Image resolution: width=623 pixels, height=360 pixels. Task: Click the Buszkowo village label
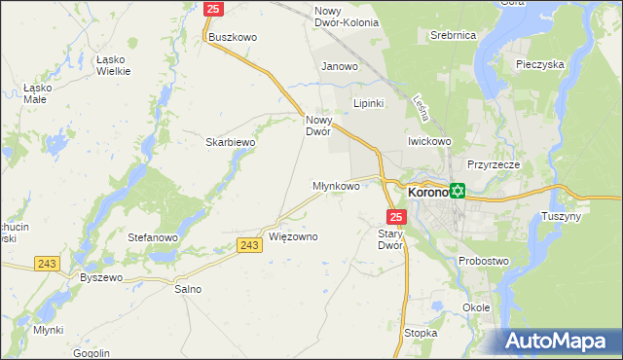coord(233,37)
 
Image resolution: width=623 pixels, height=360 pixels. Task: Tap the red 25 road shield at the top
coord(215,9)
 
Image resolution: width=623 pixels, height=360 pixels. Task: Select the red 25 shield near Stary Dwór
coord(395,215)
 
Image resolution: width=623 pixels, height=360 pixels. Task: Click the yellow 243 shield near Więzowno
coord(249,245)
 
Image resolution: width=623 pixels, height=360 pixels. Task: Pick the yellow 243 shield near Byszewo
coord(46,263)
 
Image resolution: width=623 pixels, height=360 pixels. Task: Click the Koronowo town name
coord(427,193)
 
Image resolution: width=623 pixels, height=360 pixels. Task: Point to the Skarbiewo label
coord(230,142)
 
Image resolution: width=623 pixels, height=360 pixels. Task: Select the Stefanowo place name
coord(152,236)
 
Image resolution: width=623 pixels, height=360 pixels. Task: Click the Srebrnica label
coord(453,35)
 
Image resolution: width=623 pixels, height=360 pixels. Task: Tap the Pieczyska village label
coord(542,64)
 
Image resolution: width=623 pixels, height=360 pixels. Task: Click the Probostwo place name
coord(485,261)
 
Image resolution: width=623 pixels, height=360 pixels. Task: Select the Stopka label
coord(421,333)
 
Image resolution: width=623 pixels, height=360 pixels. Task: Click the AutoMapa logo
coord(564,341)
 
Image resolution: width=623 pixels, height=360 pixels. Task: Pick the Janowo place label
coord(341,67)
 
